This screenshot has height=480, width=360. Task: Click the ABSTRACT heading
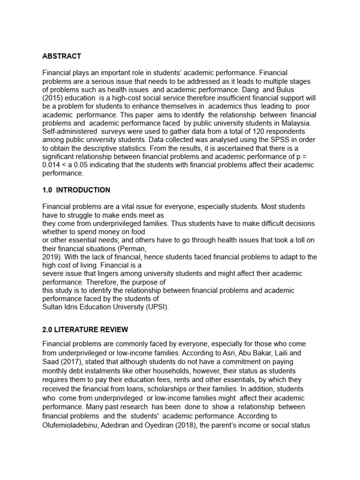[61, 56]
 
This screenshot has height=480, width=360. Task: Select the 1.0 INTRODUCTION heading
[76, 190]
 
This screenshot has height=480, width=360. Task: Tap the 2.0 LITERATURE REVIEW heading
[85, 330]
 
